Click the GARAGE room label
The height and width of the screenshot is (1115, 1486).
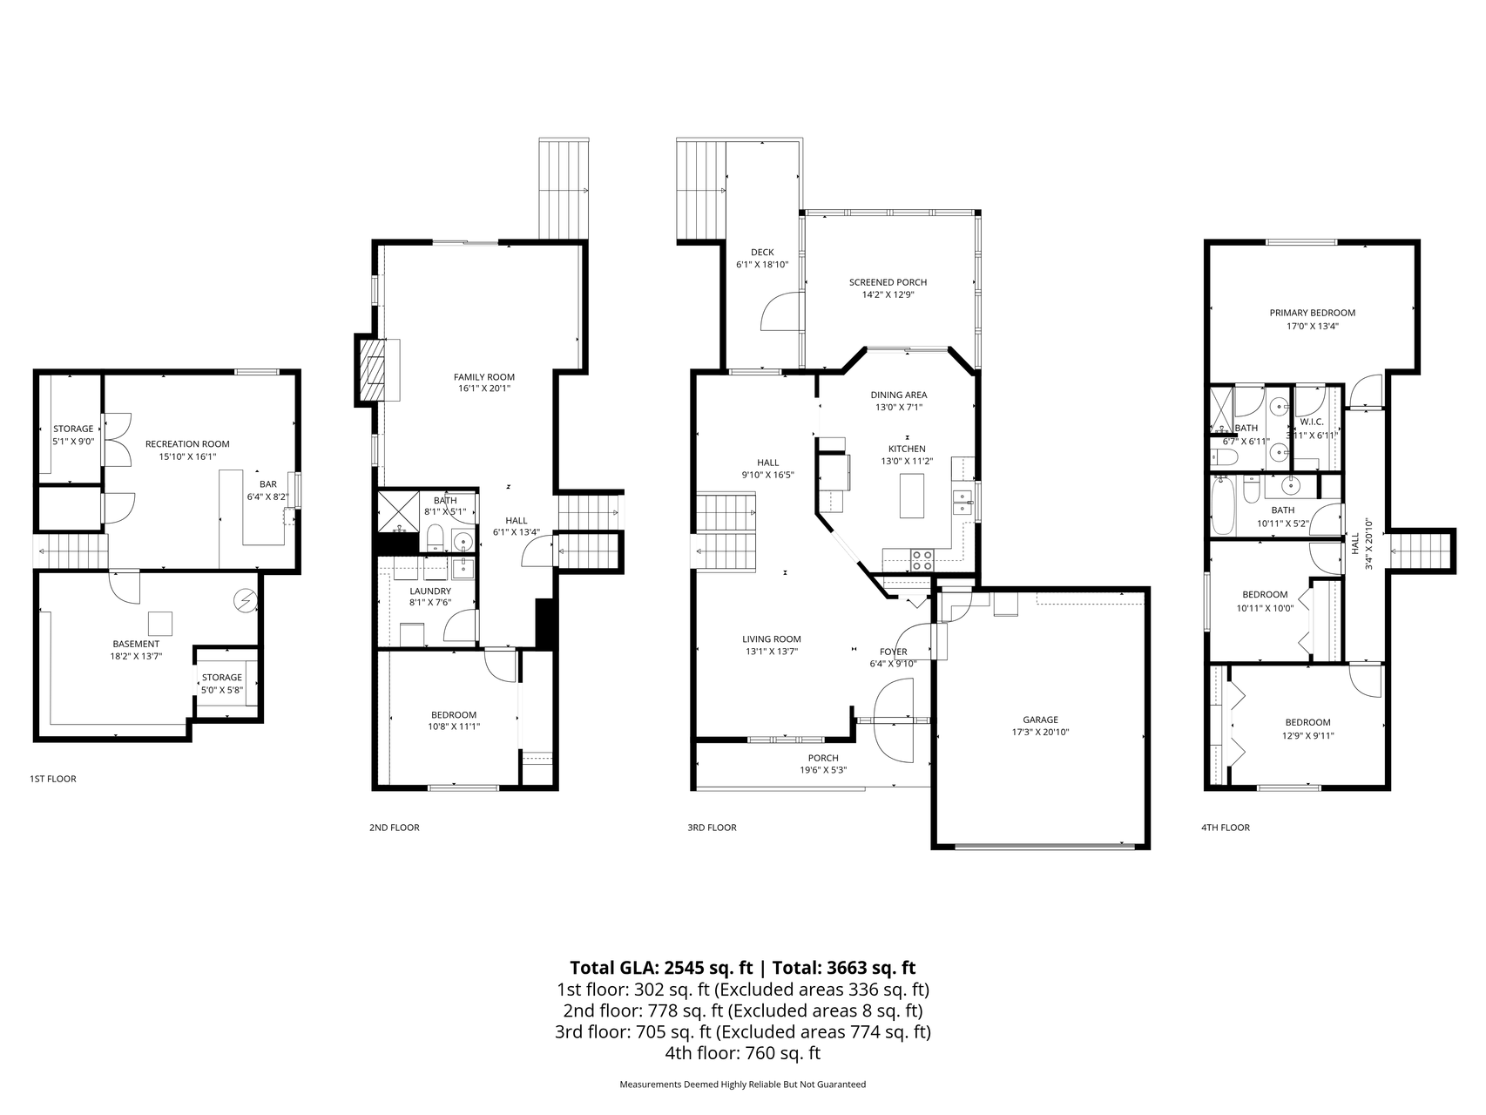pyautogui.click(x=1040, y=720)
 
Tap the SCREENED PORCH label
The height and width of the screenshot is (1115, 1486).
pyautogui.click(x=888, y=282)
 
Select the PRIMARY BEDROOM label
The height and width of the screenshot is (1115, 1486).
pyautogui.click(x=1312, y=313)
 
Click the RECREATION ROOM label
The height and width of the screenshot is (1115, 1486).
pyautogui.click(x=187, y=444)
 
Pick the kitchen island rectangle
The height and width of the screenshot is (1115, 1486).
pyautogui.click(x=912, y=496)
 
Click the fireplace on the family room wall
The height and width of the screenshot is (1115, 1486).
pyautogui.click(x=378, y=370)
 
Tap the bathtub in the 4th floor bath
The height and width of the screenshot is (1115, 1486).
pyautogui.click(x=1223, y=506)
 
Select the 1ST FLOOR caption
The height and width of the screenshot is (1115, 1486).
pyautogui.click(x=53, y=779)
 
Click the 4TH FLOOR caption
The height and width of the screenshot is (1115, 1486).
pyautogui.click(x=1225, y=828)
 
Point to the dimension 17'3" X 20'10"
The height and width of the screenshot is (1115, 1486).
pyautogui.click(x=1040, y=733)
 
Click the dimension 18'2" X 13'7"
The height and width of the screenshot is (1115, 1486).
pyautogui.click(x=136, y=657)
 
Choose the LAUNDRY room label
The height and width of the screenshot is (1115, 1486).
pyautogui.click(x=430, y=591)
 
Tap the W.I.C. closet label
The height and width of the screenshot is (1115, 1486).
pyautogui.click(x=1312, y=422)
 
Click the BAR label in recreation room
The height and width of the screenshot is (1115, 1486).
pyautogui.click(x=267, y=484)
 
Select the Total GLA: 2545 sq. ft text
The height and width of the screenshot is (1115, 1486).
pyautogui.click(x=664, y=968)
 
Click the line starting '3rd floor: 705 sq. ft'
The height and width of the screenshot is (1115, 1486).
pyautogui.click(x=742, y=1032)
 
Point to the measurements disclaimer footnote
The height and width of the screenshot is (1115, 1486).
pyautogui.click(x=742, y=1085)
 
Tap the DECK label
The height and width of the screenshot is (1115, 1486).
pyautogui.click(x=762, y=253)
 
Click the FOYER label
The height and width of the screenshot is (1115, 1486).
pyautogui.click(x=894, y=652)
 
